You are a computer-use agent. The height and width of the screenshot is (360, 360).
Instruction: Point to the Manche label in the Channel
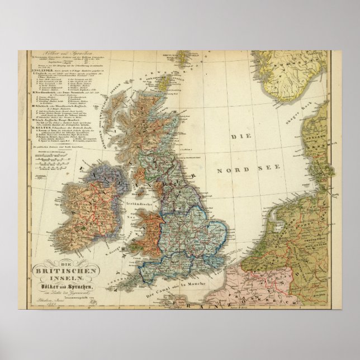219,275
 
